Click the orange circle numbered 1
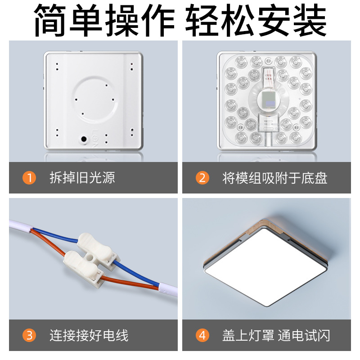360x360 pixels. click(x=29, y=178)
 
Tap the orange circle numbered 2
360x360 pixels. click(x=202, y=178)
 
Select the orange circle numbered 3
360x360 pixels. click(x=29, y=335)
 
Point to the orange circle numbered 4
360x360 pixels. click(x=202, y=335)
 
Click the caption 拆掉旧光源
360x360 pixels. click(x=82, y=178)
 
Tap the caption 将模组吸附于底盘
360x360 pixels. click(x=274, y=178)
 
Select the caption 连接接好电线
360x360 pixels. click(x=89, y=335)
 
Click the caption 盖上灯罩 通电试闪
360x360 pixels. click(x=276, y=335)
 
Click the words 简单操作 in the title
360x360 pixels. click(x=104, y=20)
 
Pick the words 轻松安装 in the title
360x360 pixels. click(x=256, y=20)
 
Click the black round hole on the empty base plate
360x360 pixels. click(x=84, y=139)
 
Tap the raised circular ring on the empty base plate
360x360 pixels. click(x=95, y=100)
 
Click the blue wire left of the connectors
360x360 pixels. click(x=55, y=234)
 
